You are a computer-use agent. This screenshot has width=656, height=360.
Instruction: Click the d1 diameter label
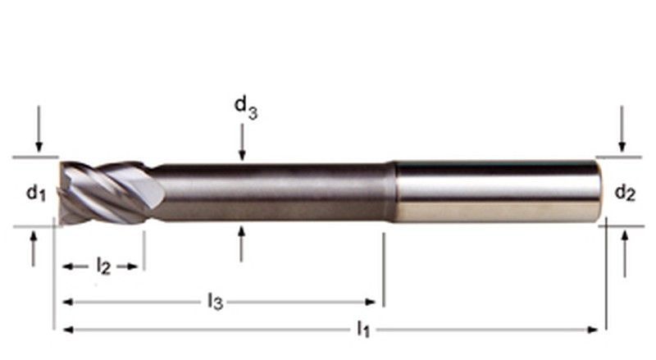(36, 194)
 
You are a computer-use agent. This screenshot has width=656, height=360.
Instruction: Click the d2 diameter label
(625, 193)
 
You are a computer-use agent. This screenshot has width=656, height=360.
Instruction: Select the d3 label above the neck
(245, 107)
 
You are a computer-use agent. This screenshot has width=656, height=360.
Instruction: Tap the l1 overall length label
(363, 329)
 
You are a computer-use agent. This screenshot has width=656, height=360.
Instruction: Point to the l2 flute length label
(103, 267)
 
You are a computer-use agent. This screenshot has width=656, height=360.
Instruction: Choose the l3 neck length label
(215, 302)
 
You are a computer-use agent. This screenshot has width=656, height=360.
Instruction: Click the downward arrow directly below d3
(242, 143)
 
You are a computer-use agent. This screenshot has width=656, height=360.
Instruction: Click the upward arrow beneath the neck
(241, 244)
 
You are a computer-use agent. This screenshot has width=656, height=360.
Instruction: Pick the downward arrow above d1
(39, 129)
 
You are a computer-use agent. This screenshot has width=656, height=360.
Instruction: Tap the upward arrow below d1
(34, 248)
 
